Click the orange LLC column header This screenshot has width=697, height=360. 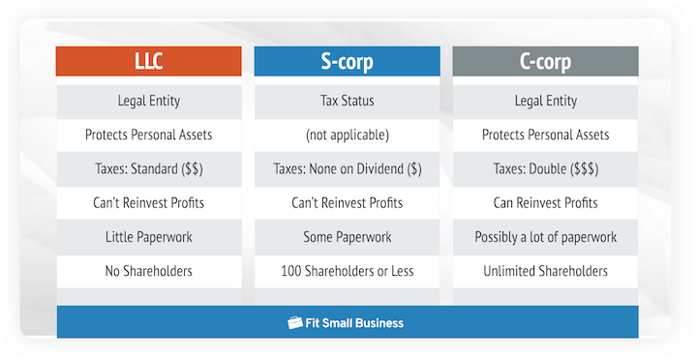tap(149, 63)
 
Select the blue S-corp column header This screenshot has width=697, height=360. tap(348, 63)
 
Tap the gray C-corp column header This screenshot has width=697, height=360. tap(545, 63)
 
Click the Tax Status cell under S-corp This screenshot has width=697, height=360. tap(348, 101)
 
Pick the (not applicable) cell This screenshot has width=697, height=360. tap(348, 135)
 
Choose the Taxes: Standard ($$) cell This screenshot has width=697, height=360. tap(149, 168)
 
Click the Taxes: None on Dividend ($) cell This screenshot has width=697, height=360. tap(348, 168)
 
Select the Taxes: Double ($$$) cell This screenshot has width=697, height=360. tap(545, 168)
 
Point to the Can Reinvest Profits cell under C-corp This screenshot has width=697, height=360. tap(545, 203)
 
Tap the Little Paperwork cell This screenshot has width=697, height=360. tap(149, 237)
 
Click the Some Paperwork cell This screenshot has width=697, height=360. tap(348, 237)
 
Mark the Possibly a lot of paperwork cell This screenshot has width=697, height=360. tap(545, 237)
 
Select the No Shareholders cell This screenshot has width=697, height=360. tap(149, 271)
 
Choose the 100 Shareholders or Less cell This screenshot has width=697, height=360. tap(348, 271)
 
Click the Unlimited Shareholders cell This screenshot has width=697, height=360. tap(545, 271)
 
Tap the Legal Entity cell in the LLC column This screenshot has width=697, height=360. tap(149, 101)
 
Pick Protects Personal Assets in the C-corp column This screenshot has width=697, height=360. tap(545, 135)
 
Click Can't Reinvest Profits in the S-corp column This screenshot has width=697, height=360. tap(348, 203)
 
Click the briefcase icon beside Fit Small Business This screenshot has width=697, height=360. tap(296, 323)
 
